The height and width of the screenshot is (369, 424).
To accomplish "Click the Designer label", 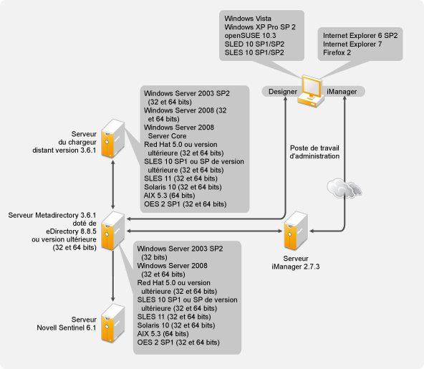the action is pyautogui.click(x=283, y=92).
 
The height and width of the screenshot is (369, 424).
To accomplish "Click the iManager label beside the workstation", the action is pyautogui.click(x=342, y=92).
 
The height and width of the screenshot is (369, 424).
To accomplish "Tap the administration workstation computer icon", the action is pyautogui.click(x=312, y=91).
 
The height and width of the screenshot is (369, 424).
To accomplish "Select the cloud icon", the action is pyautogui.click(x=344, y=188).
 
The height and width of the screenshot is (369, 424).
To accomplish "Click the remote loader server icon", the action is pyautogui.click(x=112, y=138).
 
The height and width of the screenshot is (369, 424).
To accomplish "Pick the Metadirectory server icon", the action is pyautogui.click(x=112, y=231).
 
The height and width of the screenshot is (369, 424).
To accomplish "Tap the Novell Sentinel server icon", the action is pyautogui.click(x=112, y=323).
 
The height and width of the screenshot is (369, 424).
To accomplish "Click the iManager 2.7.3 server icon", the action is pyautogui.click(x=296, y=231).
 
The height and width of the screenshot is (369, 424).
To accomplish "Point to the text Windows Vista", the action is pyautogui.click(x=248, y=19).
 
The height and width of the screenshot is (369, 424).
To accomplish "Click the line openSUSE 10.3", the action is pyautogui.click(x=250, y=35).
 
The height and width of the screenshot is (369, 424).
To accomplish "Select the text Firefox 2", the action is pyautogui.click(x=337, y=52).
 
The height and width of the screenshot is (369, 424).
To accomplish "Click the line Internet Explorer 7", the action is pyautogui.click(x=352, y=44).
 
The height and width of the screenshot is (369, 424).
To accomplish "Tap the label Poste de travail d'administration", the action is pyautogui.click(x=314, y=152).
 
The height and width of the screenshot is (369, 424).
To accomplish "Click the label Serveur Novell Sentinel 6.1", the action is pyautogui.click(x=67, y=324).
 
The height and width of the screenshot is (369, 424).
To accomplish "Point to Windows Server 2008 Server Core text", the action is pyautogui.click(x=179, y=131).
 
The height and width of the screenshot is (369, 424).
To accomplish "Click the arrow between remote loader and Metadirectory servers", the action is pyautogui.click(x=112, y=185).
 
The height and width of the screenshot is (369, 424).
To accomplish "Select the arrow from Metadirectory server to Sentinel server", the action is pyautogui.click(x=112, y=276).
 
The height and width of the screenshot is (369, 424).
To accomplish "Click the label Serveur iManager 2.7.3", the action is pyautogui.click(x=296, y=262).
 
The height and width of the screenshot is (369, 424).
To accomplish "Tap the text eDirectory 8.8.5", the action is pyautogui.click(x=71, y=231).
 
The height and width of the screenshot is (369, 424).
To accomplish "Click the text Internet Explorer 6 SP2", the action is pyautogui.click(x=360, y=35).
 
